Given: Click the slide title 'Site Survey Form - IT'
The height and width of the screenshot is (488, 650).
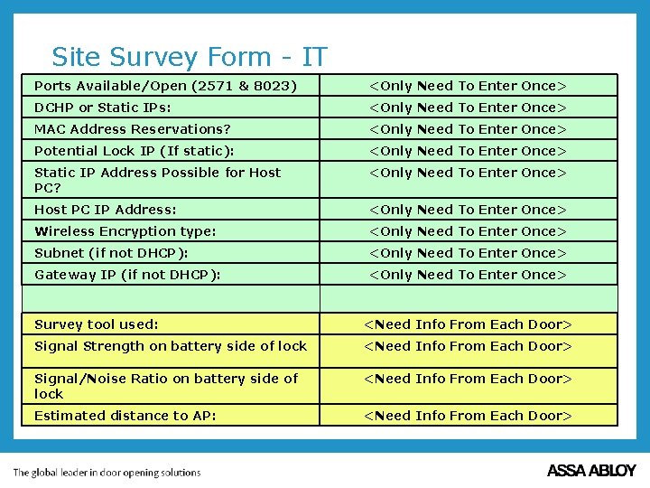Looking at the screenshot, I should click(189, 57).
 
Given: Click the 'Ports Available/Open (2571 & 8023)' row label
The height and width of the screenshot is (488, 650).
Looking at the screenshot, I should click(165, 86).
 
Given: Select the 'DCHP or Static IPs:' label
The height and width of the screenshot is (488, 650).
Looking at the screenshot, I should click(103, 108).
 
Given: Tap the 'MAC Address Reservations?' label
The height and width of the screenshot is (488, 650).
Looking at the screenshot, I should click(133, 129).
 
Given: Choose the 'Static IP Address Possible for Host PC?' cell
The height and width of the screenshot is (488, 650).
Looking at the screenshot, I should click(158, 180).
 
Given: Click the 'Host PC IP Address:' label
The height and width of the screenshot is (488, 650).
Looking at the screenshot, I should click(106, 210).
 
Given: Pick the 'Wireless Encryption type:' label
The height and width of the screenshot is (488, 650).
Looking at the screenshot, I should click(125, 231).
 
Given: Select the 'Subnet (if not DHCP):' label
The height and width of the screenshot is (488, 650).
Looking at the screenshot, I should click(111, 253).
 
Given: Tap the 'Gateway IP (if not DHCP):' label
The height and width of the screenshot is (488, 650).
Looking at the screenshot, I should click(127, 275).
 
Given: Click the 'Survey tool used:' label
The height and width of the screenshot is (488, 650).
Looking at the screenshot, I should click(97, 324).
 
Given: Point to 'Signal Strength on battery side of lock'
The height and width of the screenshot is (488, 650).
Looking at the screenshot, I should click(171, 346).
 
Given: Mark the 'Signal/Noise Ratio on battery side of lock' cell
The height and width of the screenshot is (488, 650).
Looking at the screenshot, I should click(166, 386).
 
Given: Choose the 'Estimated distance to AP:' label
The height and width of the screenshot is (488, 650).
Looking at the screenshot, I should click(125, 416).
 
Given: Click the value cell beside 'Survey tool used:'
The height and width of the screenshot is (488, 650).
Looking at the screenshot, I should click(468, 324).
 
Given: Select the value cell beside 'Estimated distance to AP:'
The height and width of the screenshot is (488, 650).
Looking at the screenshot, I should click(468, 416).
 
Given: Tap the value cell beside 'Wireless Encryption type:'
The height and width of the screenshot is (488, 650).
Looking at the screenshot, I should click(468, 231).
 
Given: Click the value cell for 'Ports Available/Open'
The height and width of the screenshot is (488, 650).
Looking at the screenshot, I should click(468, 86).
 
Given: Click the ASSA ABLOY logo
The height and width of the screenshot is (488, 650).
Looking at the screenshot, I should click(591, 471).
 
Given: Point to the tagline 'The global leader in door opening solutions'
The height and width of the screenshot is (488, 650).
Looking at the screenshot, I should click(107, 472).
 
